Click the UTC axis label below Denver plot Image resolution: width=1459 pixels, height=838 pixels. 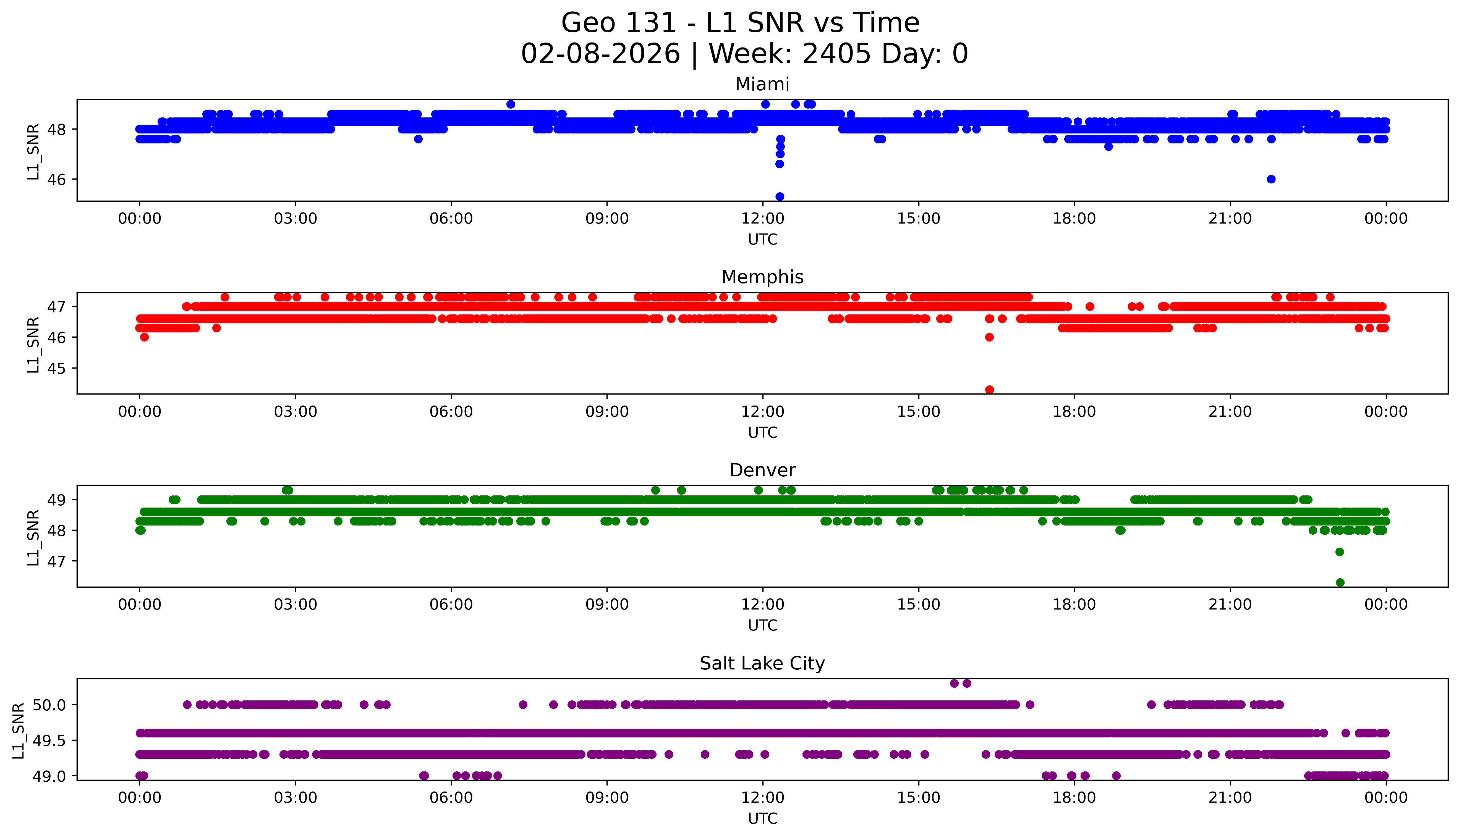pos(762,626)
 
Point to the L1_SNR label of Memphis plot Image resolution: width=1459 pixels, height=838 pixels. pos(33,344)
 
